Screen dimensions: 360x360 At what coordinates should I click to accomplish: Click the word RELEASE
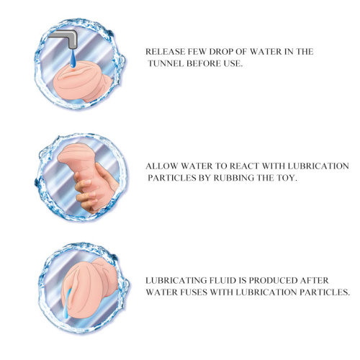click(166, 52)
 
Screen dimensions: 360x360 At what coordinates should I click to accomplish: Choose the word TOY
click(287, 178)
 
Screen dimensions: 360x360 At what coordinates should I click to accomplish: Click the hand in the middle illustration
click(95, 189)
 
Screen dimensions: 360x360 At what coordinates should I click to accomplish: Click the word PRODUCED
click(273, 280)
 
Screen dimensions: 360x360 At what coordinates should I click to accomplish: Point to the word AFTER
click(314, 280)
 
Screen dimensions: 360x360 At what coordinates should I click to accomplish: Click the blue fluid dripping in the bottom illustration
click(67, 303)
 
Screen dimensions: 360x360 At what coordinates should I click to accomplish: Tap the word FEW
click(197, 52)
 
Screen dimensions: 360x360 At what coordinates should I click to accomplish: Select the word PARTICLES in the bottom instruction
click(325, 292)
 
